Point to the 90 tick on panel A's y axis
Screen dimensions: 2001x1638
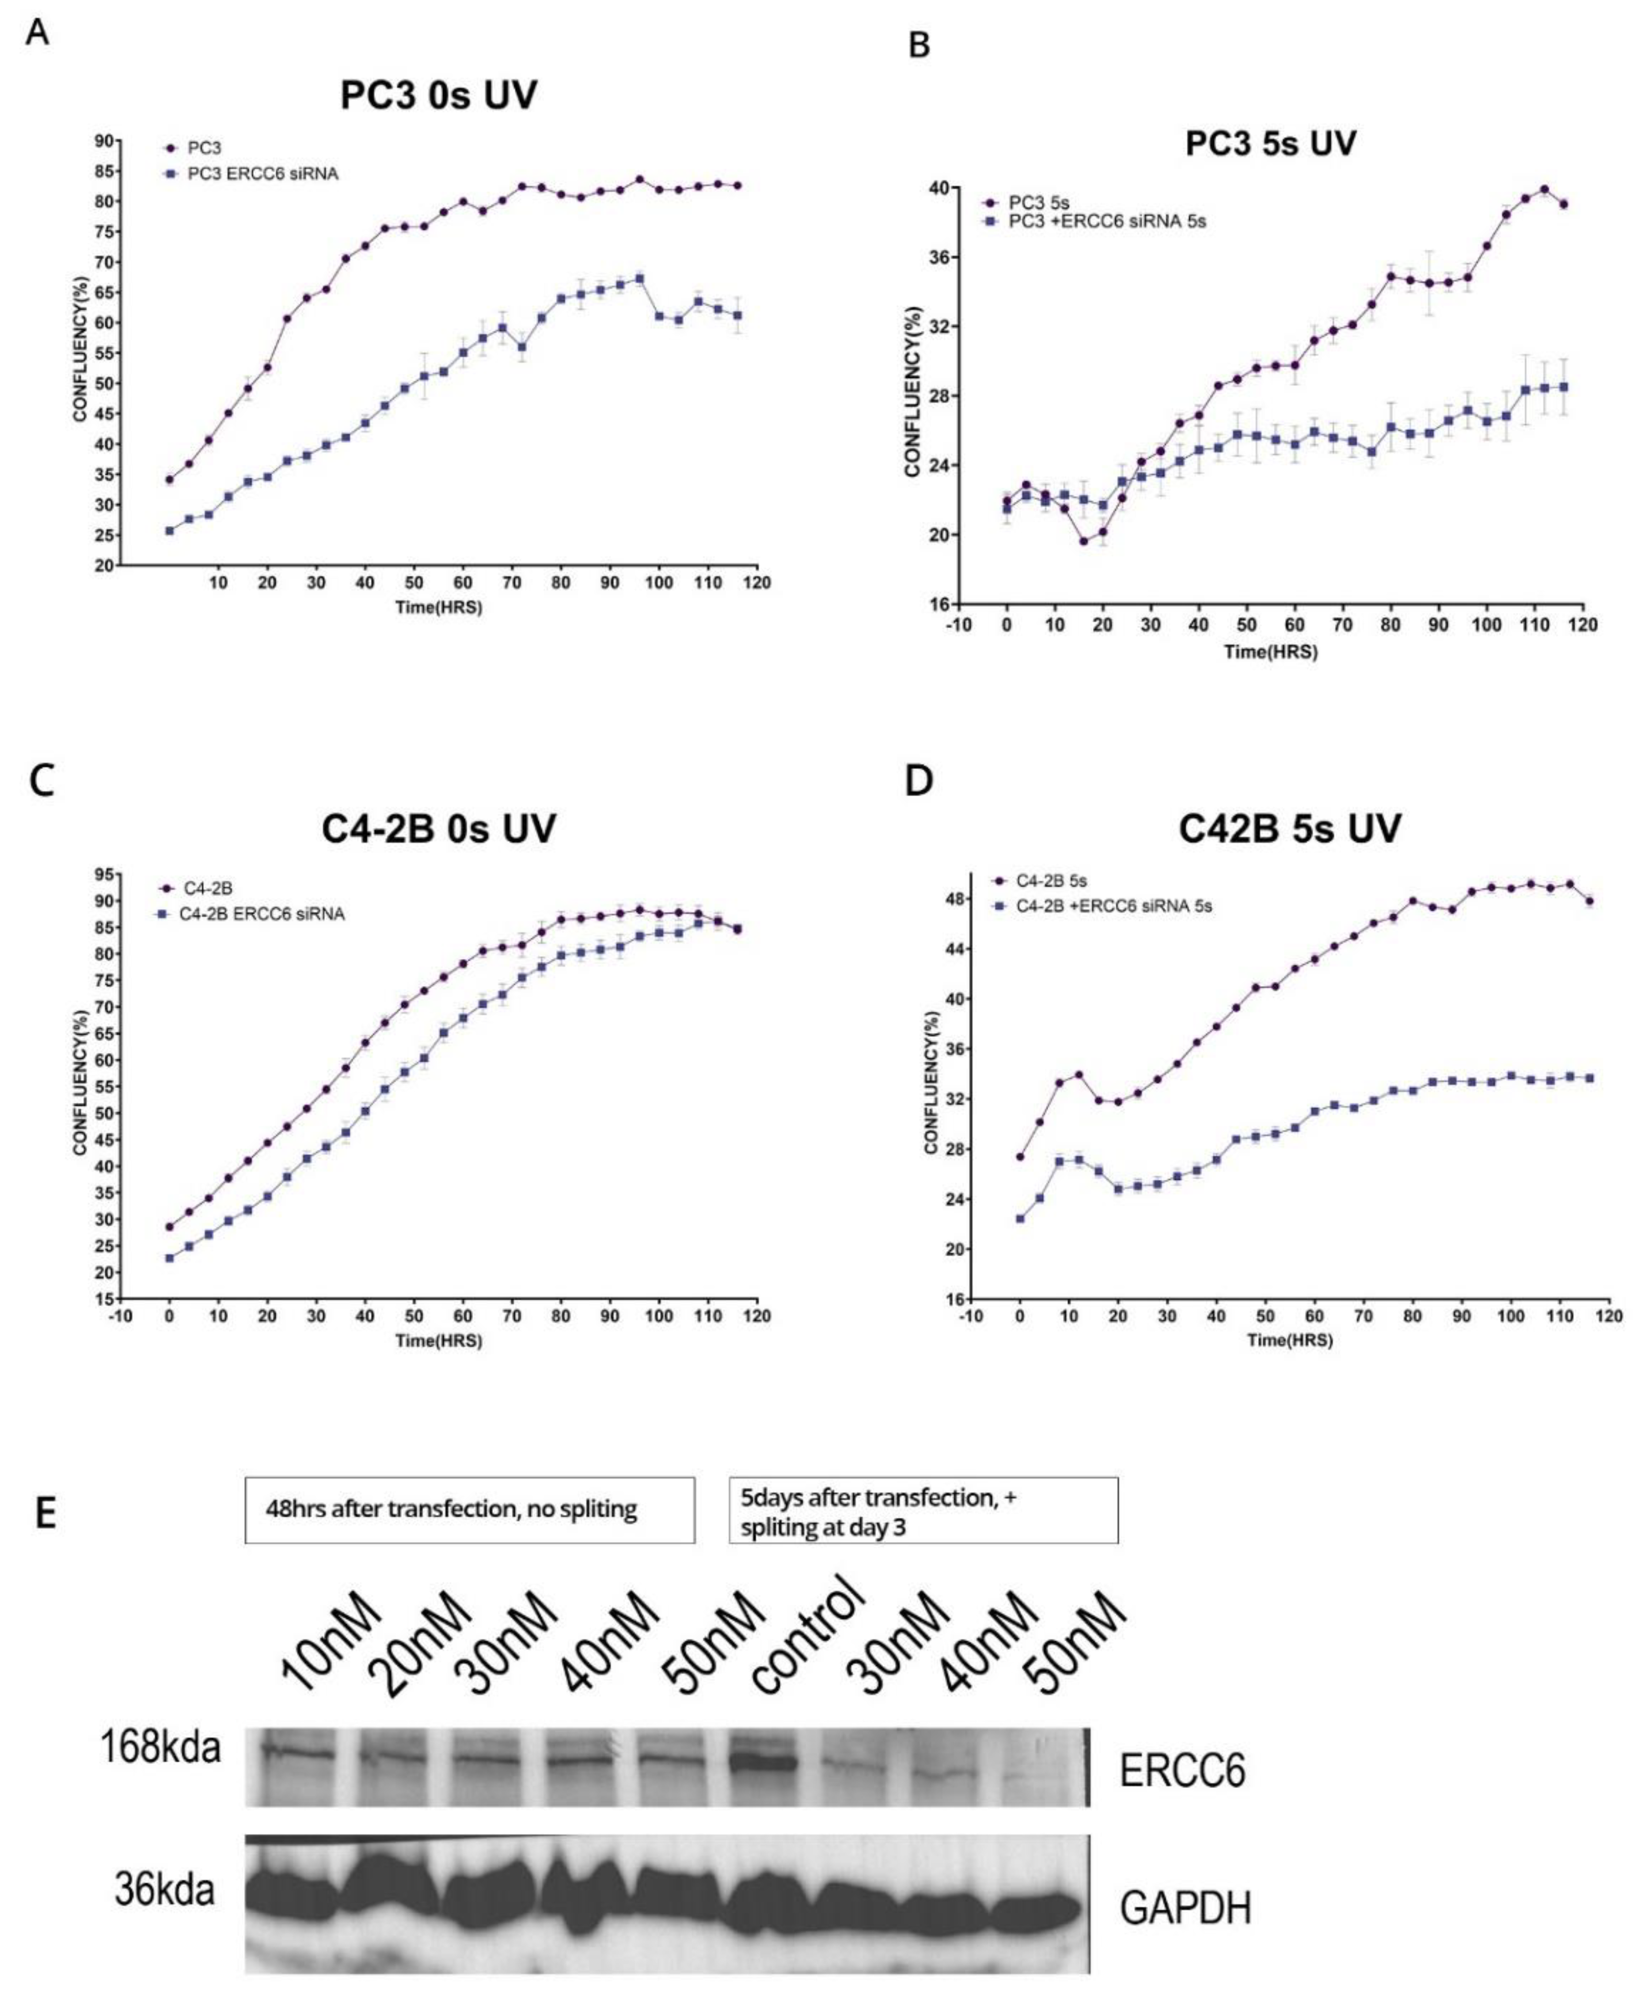click(x=102, y=141)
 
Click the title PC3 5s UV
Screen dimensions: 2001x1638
click(x=1270, y=143)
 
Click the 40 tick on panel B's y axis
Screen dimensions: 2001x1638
click(x=969, y=188)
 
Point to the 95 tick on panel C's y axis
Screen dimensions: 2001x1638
click(x=102, y=874)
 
